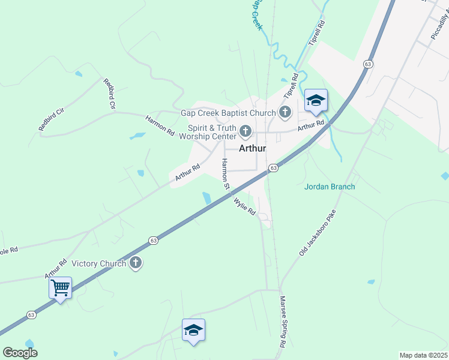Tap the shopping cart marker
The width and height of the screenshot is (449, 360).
click(60, 288)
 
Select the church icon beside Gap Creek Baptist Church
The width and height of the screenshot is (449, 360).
click(285, 112)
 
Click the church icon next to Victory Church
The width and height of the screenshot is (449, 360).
click(136, 263)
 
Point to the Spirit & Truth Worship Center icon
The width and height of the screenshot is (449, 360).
click(245, 131)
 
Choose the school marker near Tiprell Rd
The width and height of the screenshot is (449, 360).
click(316, 100)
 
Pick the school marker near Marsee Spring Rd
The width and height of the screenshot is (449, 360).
click(193, 330)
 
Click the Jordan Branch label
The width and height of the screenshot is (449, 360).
click(330, 187)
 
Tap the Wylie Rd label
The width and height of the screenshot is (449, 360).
click(244, 206)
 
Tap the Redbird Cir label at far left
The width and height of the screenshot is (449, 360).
click(51, 119)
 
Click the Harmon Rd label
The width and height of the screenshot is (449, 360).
click(160, 124)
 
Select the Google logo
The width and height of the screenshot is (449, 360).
click(20, 353)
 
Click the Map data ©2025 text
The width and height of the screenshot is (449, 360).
click(423, 355)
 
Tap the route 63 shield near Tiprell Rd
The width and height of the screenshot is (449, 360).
click(367, 64)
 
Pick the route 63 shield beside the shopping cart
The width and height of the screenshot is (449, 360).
click(31, 314)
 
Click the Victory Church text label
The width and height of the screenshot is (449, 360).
click(98, 263)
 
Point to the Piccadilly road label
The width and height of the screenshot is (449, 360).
click(440, 27)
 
